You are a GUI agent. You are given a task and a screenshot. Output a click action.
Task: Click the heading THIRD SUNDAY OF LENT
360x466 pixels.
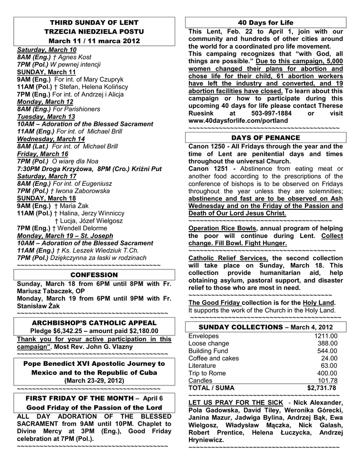tap(94, 22)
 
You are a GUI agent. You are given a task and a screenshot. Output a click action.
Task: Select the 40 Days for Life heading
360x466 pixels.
tap(266, 22)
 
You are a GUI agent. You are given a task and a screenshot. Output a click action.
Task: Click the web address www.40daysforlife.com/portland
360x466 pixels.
tap(238, 121)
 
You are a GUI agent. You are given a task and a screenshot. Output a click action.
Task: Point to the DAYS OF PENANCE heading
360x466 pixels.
tap(266, 137)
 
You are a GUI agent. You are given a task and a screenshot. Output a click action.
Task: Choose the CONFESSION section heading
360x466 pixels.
tap(94, 275)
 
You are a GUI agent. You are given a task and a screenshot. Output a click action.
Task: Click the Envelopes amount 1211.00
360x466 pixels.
tap(325, 336)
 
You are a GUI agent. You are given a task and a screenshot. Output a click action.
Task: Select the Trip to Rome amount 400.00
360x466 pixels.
tap(327, 373)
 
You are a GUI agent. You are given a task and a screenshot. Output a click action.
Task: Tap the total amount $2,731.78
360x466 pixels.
tap(322, 388)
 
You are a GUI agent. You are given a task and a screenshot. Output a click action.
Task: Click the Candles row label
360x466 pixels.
tap(200, 380)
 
